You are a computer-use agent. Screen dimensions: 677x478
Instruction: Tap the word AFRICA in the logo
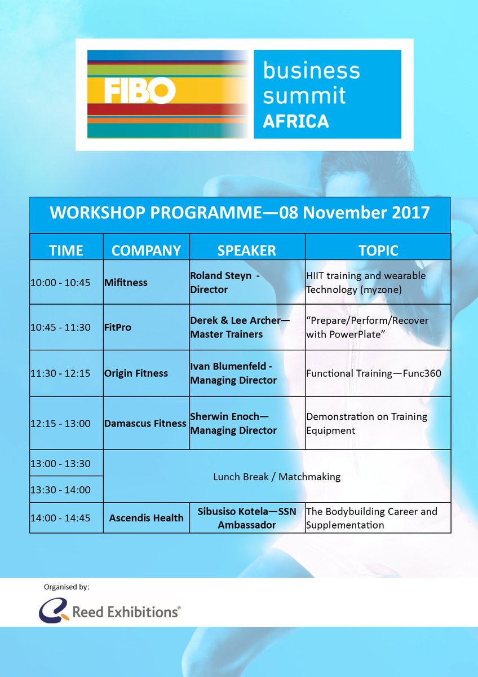(x=295, y=121)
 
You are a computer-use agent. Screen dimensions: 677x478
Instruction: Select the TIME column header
(x=66, y=250)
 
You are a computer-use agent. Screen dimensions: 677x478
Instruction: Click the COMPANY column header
(x=146, y=250)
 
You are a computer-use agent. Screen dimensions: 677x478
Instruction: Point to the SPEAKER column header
(x=247, y=250)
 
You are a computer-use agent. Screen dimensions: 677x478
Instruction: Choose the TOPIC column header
(x=378, y=250)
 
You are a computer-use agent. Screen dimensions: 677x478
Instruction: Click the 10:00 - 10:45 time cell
(x=60, y=283)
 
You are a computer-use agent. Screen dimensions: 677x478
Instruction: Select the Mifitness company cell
(x=126, y=283)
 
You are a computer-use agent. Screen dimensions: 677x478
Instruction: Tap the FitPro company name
(x=118, y=327)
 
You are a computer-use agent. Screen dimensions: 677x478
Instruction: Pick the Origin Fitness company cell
(x=136, y=373)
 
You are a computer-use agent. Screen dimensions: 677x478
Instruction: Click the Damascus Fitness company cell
(x=145, y=423)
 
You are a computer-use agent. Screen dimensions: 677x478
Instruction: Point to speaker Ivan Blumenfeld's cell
(x=233, y=373)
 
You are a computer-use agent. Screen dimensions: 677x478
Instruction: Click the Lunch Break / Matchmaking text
(x=277, y=477)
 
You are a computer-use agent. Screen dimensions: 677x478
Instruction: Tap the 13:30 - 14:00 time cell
(x=60, y=490)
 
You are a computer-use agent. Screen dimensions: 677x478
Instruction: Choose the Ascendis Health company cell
(x=146, y=517)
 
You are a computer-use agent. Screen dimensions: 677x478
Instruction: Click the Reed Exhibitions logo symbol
(x=54, y=610)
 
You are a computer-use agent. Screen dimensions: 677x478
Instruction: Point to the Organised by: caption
(x=67, y=587)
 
